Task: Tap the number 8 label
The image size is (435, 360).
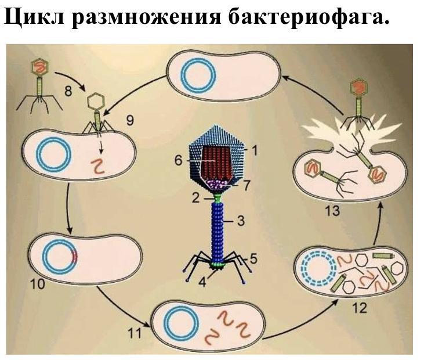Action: [x=68, y=91]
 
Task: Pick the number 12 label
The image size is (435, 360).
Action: [x=360, y=307]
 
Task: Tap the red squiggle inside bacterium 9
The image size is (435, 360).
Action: [x=100, y=168]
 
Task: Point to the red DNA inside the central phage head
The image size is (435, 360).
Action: [x=218, y=163]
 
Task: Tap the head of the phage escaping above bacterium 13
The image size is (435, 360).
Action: [x=359, y=87]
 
